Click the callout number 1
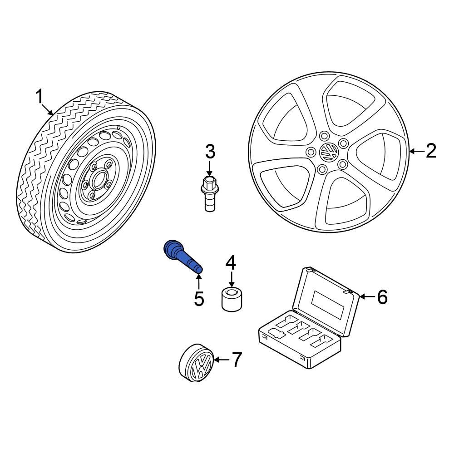(x=39, y=97)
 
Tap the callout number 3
(x=209, y=152)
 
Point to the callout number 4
(x=231, y=262)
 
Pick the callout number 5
(x=199, y=298)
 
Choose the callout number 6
(x=382, y=297)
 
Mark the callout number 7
(x=237, y=360)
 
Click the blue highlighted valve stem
(x=182, y=257)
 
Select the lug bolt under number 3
(x=209, y=194)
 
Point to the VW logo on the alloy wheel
(x=328, y=151)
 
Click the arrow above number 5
(x=199, y=280)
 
